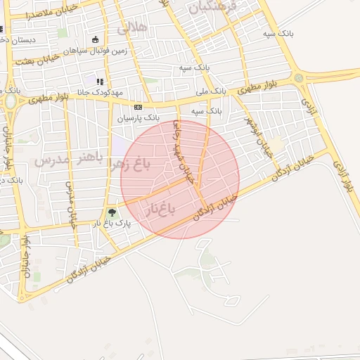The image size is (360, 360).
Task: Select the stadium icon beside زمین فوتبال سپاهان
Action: (96, 39)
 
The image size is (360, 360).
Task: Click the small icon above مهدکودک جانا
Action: (99, 82)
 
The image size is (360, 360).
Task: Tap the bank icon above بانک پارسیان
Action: (138, 107)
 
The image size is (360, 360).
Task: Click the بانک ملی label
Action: (210, 90)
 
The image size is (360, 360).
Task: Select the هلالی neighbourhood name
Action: (132, 28)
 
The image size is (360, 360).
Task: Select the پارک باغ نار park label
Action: (112, 224)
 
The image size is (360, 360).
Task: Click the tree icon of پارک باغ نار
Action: (111, 212)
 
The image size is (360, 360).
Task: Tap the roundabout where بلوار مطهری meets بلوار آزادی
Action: (300, 77)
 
